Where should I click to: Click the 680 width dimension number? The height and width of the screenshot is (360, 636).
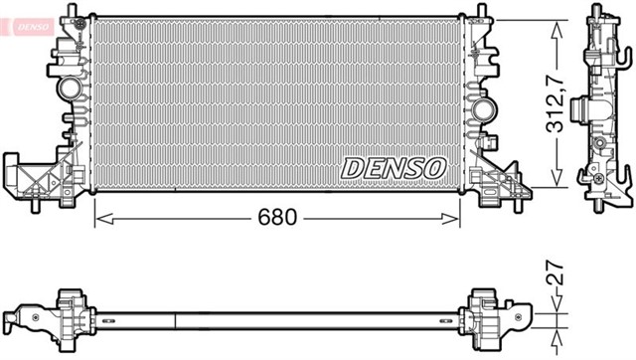(x=277, y=217)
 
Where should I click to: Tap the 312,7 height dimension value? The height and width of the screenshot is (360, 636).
(x=556, y=104)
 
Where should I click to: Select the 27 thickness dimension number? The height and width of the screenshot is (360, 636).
(x=556, y=272)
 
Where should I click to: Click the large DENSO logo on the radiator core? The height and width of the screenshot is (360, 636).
(x=394, y=168)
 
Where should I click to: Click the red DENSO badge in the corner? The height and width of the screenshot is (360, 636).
(x=33, y=27)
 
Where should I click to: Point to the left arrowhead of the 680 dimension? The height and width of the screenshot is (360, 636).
(x=104, y=219)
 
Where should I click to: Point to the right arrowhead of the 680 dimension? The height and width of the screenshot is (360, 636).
(x=450, y=219)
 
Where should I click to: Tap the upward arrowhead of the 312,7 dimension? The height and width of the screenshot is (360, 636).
(x=556, y=31)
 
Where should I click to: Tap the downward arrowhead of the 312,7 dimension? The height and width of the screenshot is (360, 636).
(x=556, y=177)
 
